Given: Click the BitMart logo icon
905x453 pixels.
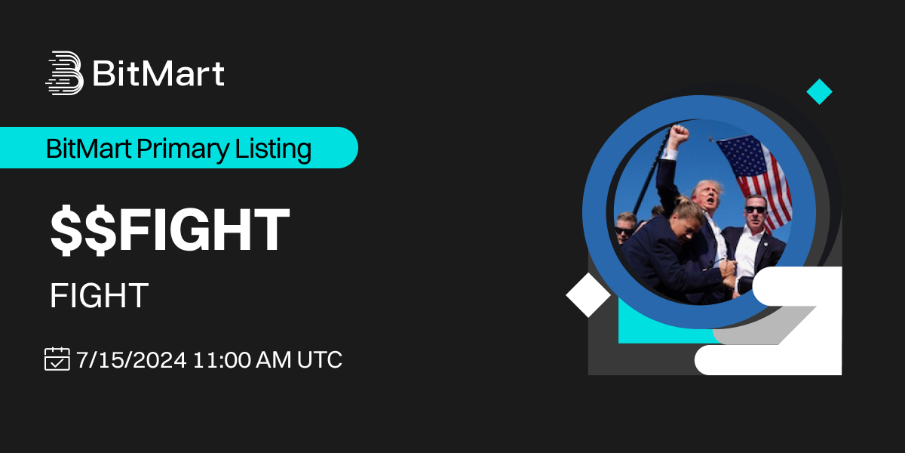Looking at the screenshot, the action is (65, 72).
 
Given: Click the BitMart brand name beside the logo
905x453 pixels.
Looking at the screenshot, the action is (158, 73).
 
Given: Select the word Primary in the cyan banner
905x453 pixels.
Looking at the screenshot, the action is (183, 149).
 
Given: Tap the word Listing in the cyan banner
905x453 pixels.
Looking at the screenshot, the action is (273, 149).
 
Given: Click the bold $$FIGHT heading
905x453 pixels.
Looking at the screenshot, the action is (170, 230).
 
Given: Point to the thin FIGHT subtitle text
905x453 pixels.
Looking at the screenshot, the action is (99, 296).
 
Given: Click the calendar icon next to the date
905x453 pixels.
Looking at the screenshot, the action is (57, 359).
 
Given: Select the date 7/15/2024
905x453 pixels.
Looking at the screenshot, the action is (131, 359).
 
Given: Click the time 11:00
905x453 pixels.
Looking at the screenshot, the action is (222, 359).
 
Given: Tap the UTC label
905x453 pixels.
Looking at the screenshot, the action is (320, 359).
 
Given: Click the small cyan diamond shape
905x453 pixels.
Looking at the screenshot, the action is (819, 92).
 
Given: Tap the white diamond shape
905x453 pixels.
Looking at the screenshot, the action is (588, 295).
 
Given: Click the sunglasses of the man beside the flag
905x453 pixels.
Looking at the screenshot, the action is (755, 210).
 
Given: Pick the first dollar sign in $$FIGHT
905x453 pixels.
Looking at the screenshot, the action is (66, 230).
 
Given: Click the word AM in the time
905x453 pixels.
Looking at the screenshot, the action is (274, 359).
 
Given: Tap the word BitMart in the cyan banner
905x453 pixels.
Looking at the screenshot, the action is (88, 149).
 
